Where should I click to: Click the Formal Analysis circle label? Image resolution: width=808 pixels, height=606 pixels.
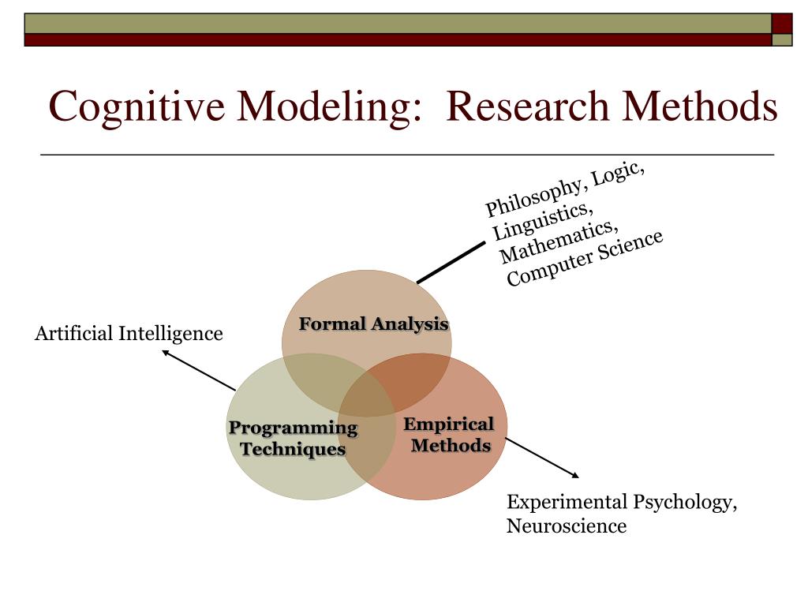373,324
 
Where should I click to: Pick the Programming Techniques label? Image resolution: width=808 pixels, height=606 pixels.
293,439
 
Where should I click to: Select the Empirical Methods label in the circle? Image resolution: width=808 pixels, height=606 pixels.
450,435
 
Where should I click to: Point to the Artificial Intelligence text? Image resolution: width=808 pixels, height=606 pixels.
129,334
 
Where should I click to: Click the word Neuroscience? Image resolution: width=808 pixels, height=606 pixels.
566,526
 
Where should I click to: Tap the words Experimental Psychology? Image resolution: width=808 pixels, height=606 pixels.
622,503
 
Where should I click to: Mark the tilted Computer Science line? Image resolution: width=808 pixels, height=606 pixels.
584,260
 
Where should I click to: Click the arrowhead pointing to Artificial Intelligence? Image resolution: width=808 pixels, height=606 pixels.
165,353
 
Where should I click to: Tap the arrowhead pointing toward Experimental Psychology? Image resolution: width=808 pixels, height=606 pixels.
575,475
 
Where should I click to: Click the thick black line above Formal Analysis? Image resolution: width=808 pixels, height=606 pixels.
451,263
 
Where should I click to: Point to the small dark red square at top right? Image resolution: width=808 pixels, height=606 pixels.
782,23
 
